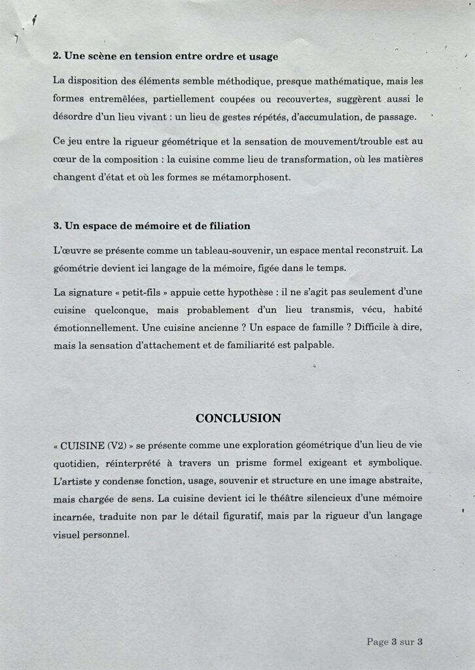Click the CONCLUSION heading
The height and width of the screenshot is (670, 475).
238,418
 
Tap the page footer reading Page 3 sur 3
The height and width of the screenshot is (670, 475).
394,642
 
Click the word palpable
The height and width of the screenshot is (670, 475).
311,345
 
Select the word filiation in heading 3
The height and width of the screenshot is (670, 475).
229,226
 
